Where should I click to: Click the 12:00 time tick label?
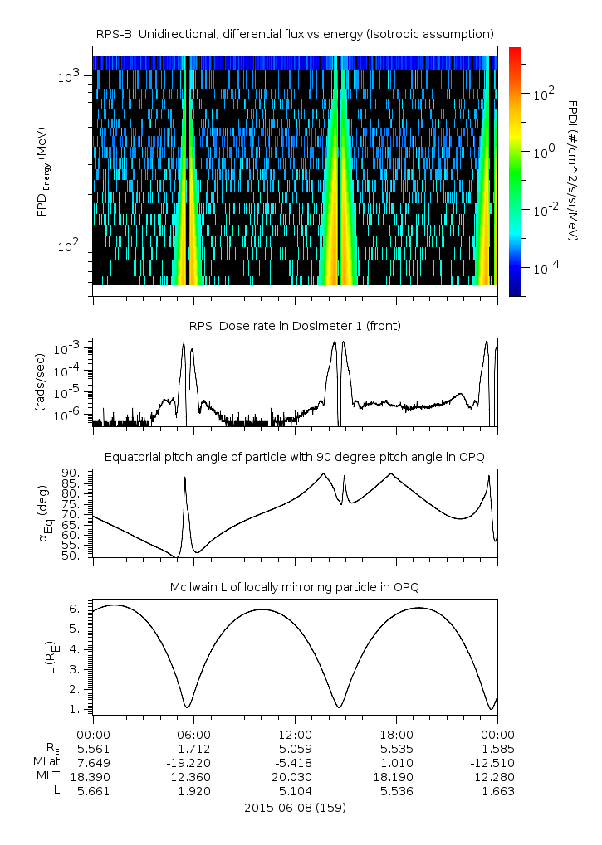pyautogui.click(x=295, y=735)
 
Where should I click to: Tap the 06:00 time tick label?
pyautogui.click(x=193, y=735)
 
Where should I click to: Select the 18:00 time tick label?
pyautogui.click(x=396, y=735)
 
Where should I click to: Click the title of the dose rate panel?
pyautogui.click(x=295, y=326)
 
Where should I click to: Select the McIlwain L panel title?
pyautogui.click(x=295, y=587)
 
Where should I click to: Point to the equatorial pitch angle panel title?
pyautogui.click(x=295, y=457)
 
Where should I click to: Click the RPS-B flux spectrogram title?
pyautogui.click(x=295, y=33)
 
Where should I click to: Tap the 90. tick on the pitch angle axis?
pyautogui.click(x=71, y=473)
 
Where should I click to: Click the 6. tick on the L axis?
pyautogui.click(x=76, y=609)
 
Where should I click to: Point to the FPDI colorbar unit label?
pyautogui.click(x=573, y=170)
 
